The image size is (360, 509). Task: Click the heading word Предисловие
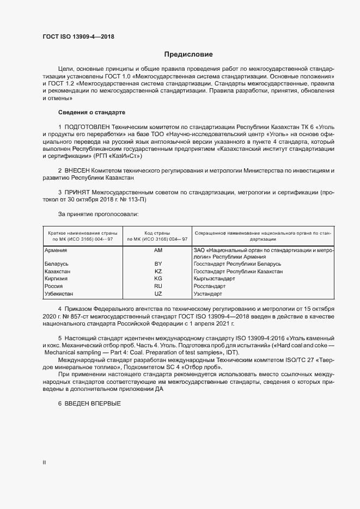pos(189,54)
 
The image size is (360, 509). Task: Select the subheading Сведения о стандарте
pos(91,113)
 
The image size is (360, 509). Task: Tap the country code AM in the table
pos(158,250)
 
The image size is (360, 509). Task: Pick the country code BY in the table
pos(158,263)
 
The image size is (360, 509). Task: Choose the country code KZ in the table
pos(158,271)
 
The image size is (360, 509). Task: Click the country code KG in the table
pos(158,279)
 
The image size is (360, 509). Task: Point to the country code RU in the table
pos(158,286)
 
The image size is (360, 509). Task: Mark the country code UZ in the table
pos(158,294)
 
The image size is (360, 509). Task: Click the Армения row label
pos(56,250)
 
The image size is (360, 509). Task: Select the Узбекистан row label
pos(59,294)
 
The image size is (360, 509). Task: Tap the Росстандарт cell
pos(210,286)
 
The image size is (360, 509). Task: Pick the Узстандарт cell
pos(208,294)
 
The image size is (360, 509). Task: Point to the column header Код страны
pos(157,232)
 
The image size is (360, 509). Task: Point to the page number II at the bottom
pos(44,463)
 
